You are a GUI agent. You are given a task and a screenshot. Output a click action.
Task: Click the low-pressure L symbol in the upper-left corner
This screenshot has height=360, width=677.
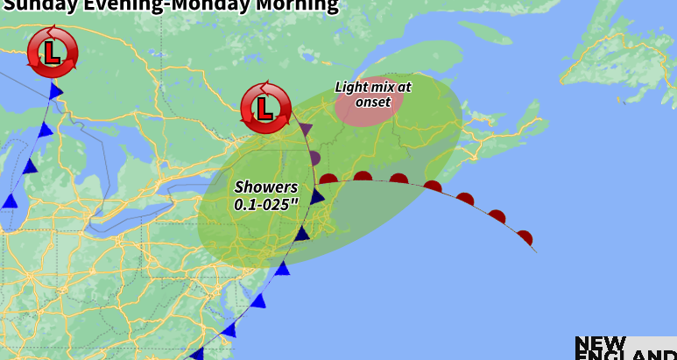[x=53, y=52]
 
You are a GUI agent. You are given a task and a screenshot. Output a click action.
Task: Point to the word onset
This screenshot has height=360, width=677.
[x=373, y=102]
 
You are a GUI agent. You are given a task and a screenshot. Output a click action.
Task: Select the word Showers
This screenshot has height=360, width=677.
[x=266, y=187]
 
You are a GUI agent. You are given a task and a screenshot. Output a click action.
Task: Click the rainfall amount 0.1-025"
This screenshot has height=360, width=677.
[x=266, y=204]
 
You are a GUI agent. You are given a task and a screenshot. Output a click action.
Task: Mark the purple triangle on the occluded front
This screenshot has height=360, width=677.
[x=306, y=130]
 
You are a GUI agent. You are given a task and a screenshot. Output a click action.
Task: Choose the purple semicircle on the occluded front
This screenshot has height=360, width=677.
[x=314, y=159]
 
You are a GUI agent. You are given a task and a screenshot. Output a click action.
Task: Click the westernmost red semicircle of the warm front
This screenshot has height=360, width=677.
[x=329, y=179]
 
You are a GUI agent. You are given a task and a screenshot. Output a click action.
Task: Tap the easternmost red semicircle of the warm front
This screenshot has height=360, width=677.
[x=524, y=237]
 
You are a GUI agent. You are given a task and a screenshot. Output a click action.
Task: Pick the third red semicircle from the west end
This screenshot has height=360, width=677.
[x=398, y=179]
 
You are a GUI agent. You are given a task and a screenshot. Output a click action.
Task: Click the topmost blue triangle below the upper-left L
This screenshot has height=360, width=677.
[x=56, y=91]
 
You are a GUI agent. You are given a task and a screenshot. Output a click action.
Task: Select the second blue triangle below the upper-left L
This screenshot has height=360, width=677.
[x=46, y=131]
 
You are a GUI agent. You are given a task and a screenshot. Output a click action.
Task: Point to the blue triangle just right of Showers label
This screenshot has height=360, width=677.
[x=317, y=195]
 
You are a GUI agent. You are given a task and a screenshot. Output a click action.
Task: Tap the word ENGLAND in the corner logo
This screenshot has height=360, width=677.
[x=625, y=356]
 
